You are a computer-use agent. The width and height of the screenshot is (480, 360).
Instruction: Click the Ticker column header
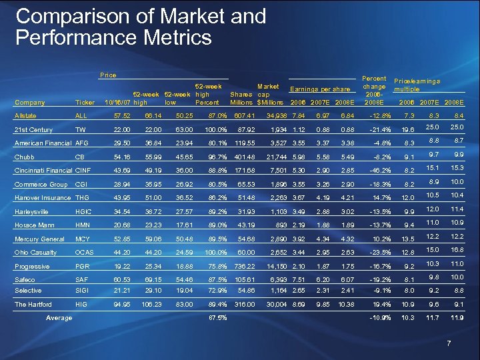[x=85, y=103]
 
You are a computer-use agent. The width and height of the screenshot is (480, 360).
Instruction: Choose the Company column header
[x=29, y=103]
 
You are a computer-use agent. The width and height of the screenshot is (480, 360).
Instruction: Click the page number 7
[x=450, y=343]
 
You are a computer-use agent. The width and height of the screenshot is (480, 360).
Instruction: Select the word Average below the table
[x=59, y=318]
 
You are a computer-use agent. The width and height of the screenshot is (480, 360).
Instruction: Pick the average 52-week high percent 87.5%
[x=218, y=318]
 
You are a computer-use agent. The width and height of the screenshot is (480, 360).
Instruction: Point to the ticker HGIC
[x=85, y=211]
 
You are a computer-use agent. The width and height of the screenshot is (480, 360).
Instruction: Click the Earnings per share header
[x=319, y=88]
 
